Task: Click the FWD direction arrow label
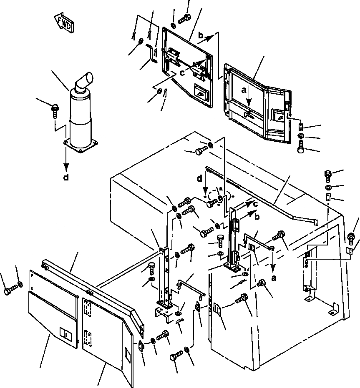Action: (x=64, y=22)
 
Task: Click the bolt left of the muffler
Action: (x=54, y=108)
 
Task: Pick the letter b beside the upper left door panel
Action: (x=201, y=36)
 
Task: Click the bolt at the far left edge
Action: (x=8, y=290)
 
